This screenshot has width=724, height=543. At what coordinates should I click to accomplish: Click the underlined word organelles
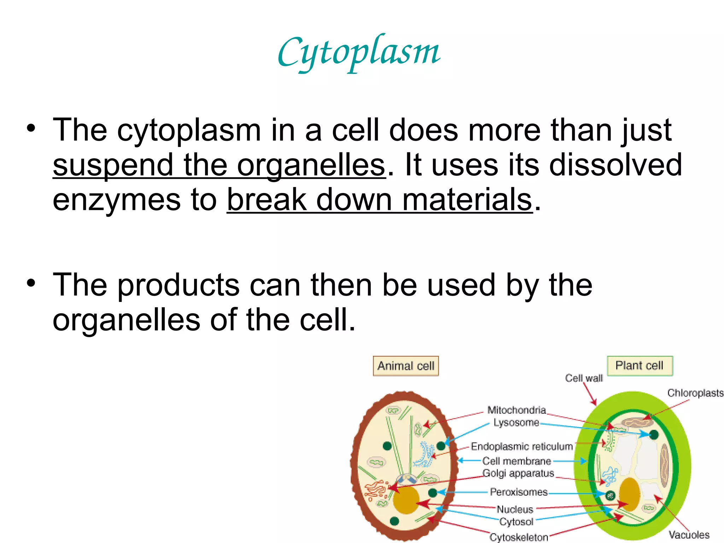(x=310, y=165)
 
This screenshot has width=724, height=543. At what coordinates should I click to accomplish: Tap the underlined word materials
(x=467, y=200)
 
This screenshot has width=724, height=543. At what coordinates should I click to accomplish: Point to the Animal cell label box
(x=405, y=366)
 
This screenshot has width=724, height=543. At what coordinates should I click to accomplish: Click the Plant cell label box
(x=639, y=365)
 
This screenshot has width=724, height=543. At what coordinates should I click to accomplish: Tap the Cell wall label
(x=584, y=378)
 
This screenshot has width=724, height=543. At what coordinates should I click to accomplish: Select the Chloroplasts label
(x=695, y=393)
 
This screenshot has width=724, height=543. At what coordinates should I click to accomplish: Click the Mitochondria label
(x=516, y=410)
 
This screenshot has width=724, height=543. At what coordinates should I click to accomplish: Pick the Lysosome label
(x=516, y=422)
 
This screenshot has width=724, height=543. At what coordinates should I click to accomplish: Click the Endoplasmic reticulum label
(x=521, y=446)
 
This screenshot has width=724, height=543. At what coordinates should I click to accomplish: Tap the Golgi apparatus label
(x=518, y=473)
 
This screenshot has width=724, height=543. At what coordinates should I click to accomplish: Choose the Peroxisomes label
(x=519, y=492)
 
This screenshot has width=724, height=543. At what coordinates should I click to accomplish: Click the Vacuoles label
(x=689, y=535)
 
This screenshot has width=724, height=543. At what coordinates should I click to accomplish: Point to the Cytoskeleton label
(x=519, y=537)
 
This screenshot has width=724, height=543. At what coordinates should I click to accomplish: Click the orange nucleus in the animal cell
(x=406, y=500)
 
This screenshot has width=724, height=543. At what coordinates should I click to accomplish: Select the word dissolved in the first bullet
(x=615, y=165)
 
